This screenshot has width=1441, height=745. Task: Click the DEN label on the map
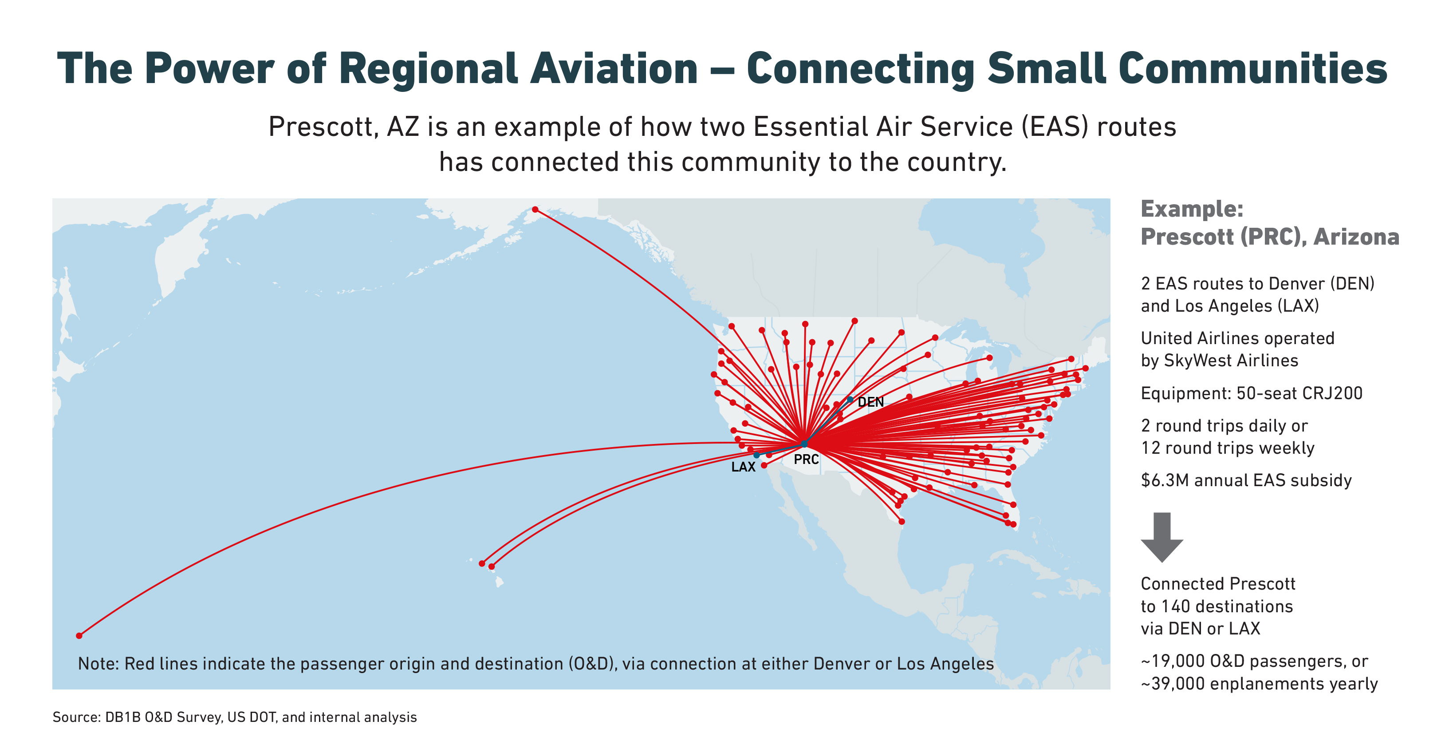point(870,402)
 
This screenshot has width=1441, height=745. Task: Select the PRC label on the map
point(806,460)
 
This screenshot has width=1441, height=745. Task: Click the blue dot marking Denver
point(850,400)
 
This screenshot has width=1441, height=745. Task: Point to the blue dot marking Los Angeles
point(756,455)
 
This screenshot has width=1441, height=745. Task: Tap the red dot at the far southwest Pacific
point(79,635)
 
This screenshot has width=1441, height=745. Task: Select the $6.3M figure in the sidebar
point(1165,480)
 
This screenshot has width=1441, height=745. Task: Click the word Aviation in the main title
point(614,68)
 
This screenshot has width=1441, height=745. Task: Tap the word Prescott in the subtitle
point(320,127)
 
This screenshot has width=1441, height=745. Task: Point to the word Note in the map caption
point(98,663)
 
